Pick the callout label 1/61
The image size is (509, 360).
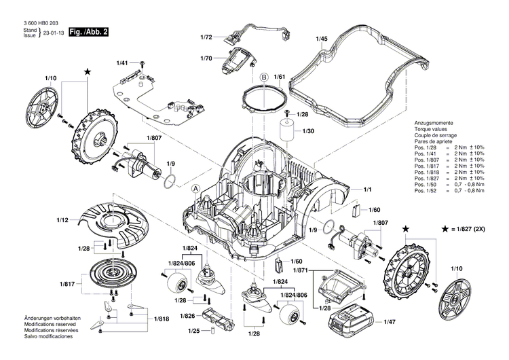pos(279,77)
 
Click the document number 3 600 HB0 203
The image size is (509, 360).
pos(33,22)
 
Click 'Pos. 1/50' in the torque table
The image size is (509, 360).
pos(426,185)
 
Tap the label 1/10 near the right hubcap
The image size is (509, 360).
pos(455,270)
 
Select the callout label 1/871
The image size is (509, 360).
pos(299,270)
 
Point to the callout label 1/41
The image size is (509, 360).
pos(121,62)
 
